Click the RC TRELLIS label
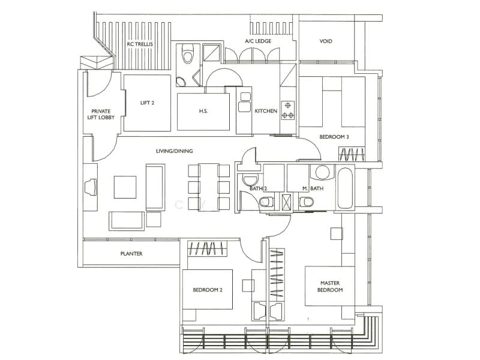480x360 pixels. (x=140, y=44)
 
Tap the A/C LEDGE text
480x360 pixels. (x=258, y=41)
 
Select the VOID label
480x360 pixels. (x=326, y=41)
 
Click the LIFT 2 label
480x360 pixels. (x=147, y=103)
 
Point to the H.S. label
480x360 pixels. (x=203, y=111)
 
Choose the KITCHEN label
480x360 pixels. (x=266, y=111)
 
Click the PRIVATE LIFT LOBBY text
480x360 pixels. (x=101, y=114)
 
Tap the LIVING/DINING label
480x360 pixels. (x=174, y=151)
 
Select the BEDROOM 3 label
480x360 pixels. (x=334, y=137)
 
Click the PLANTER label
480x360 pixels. (x=131, y=253)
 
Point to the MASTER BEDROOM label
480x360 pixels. (x=330, y=287)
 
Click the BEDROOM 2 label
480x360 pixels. (x=208, y=290)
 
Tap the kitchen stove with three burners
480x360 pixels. (x=288, y=110)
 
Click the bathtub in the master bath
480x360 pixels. (x=345, y=188)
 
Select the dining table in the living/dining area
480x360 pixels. (x=208, y=187)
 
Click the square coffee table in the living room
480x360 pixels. (x=125, y=187)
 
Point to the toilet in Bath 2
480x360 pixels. (x=266, y=202)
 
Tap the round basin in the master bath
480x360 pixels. (x=322, y=172)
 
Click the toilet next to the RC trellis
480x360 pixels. (x=188, y=53)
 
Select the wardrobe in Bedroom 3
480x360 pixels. (x=352, y=154)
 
